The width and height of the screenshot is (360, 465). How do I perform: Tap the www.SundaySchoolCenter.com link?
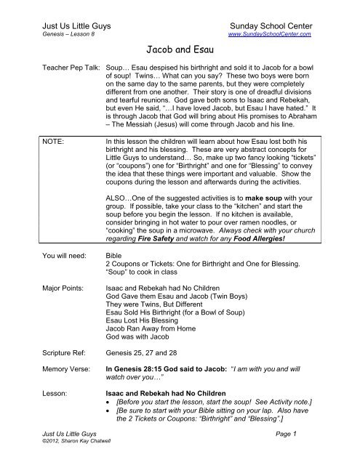270,33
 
